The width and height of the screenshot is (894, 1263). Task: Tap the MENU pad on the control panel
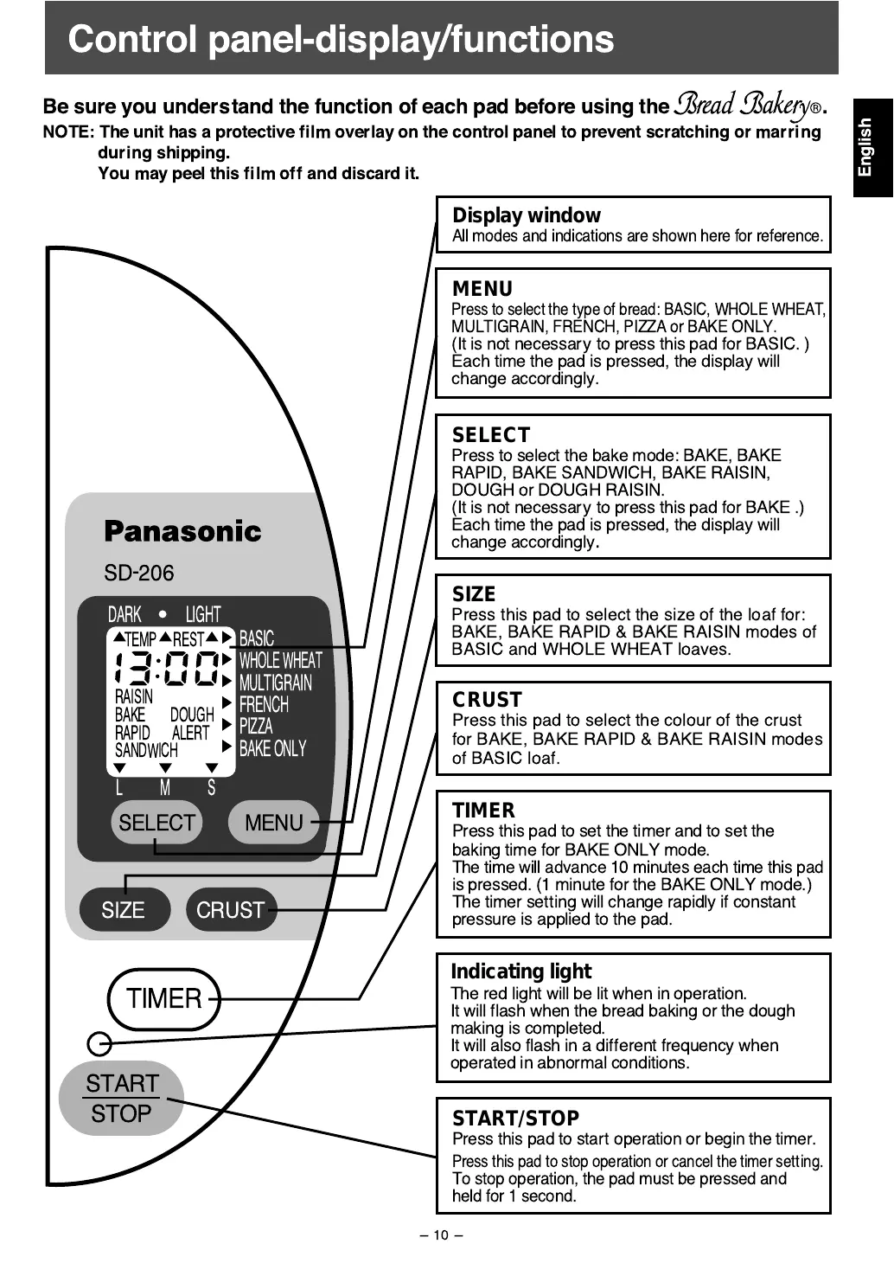(273, 823)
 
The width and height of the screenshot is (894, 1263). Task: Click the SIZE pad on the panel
(124, 910)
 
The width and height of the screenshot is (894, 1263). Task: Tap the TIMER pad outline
(164, 999)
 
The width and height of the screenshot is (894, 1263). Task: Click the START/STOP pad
(122, 1098)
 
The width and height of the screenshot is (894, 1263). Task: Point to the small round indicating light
(100, 1044)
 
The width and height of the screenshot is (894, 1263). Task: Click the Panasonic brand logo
(182, 531)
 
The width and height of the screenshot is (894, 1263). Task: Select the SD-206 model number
(138, 573)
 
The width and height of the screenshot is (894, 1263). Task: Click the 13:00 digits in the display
(166, 668)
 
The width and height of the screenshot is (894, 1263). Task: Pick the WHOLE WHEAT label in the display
(280, 661)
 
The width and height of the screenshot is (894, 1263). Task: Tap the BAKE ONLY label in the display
(272, 748)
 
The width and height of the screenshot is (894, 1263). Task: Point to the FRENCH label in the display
(264, 704)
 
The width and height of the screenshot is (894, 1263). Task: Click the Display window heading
(526, 215)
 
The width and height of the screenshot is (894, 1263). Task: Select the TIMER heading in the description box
(483, 811)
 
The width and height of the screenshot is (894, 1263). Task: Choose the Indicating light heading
(520, 971)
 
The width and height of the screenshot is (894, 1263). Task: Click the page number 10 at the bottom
(441, 1235)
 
